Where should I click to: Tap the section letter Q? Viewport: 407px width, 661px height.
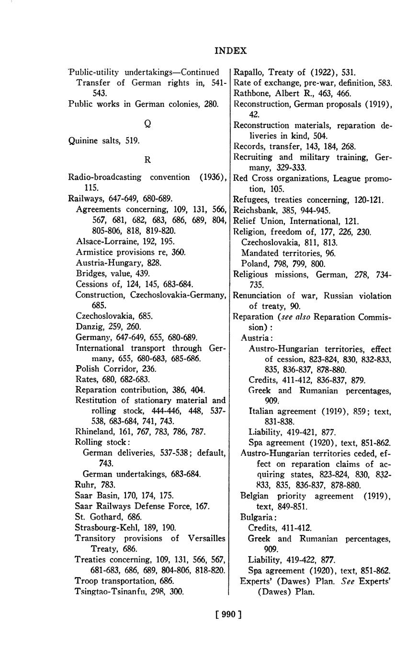pyautogui.click(x=147, y=123)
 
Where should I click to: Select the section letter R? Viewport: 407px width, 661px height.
pyautogui.click(x=147, y=160)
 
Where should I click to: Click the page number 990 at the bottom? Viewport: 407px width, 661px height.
pyautogui.click(x=228, y=614)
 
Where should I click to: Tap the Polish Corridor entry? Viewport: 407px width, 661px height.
pyautogui.click(x=116, y=369)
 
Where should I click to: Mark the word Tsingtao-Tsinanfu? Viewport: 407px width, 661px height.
pyautogui.click(x=106, y=591)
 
